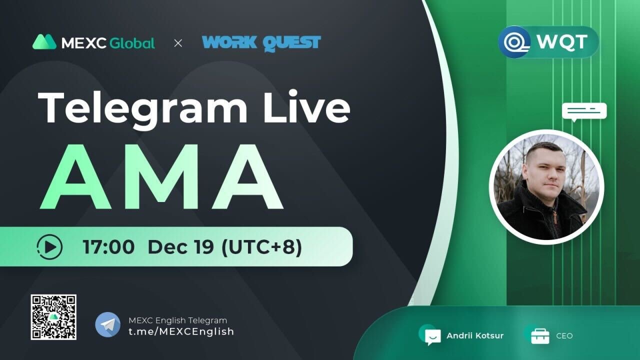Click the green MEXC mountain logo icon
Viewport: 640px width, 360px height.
[x=44, y=42]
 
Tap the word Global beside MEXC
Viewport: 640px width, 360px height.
[x=132, y=43]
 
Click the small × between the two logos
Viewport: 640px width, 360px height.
[x=178, y=43]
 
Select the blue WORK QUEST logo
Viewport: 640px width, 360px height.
[x=261, y=43]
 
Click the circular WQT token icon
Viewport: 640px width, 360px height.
[x=514, y=42]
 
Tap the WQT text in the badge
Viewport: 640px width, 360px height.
[x=562, y=42]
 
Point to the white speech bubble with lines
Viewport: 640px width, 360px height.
[x=584, y=111]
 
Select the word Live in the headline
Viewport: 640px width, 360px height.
[x=307, y=106]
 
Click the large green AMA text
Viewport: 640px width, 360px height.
[x=161, y=176]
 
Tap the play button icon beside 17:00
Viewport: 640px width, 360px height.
[x=49, y=247]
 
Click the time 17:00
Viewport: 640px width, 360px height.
[x=108, y=247]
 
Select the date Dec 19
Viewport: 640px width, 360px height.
[x=181, y=247]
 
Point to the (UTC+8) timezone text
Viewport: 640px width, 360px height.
[x=261, y=247]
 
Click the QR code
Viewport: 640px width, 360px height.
[x=53, y=317]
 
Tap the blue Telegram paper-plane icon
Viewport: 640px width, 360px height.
[x=107, y=325]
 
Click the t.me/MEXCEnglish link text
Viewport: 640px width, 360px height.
[x=181, y=331]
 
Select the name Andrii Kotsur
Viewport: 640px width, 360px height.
[x=475, y=335]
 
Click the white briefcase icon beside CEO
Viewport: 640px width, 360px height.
[x=540, y=336]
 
